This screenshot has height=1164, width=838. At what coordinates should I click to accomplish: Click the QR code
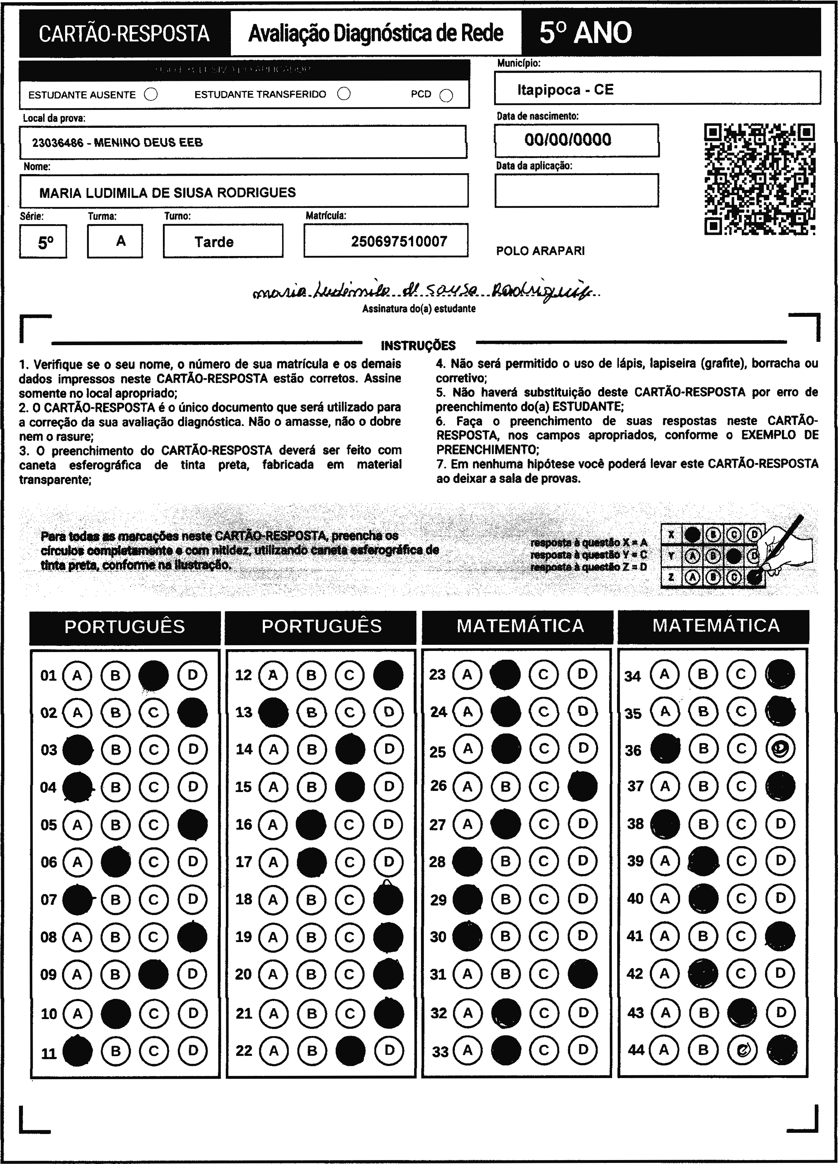(760, 179)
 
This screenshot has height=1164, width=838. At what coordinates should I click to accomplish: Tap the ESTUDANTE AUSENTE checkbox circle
(151, 95)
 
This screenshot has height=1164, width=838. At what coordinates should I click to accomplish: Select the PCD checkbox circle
(446, 96)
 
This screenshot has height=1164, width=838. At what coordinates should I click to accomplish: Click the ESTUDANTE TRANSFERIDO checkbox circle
(344, 94)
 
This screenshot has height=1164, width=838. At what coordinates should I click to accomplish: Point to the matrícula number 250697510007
(399, 241)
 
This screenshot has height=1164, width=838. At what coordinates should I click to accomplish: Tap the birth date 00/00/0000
(568, 140)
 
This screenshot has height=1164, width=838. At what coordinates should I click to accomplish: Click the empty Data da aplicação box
(576, 190)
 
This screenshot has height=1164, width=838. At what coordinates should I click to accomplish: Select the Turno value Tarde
(214, 242)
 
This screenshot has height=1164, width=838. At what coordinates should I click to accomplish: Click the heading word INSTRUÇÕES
(418, 346)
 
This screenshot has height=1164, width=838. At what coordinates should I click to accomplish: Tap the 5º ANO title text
(586, 33)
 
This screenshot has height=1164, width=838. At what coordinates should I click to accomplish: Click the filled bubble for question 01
(154, 675)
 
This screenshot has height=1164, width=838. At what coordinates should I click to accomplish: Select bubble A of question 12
(273, 675)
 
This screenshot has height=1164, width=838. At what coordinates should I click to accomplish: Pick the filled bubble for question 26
(582, 786)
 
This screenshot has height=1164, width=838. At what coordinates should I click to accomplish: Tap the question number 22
(244, 1051)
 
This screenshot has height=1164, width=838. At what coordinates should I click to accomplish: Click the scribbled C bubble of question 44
(741, 1050)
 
